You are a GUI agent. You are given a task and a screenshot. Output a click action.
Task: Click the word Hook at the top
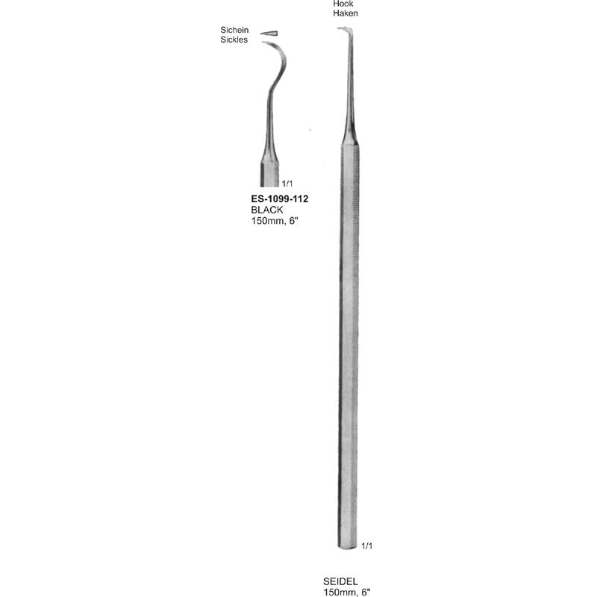343,4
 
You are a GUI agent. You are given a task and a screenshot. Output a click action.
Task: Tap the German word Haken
346,13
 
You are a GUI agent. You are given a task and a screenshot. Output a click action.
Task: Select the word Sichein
234,30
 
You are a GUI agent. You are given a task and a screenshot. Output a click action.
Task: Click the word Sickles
234,40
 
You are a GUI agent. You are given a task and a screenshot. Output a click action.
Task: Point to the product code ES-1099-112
280,199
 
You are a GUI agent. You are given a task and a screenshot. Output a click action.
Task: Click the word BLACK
267,210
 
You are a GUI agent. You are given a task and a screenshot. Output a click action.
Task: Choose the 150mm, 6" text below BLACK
275,222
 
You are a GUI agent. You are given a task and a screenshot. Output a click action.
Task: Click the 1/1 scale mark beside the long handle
366,546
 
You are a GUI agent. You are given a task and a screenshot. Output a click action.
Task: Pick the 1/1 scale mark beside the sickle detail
287,183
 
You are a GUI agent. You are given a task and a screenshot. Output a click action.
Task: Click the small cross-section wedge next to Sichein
268,33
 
